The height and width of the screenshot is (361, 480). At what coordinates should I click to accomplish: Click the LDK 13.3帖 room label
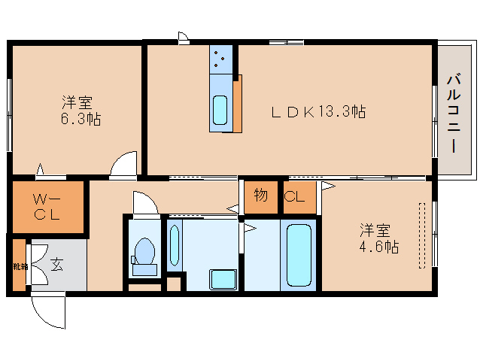pos(318,112)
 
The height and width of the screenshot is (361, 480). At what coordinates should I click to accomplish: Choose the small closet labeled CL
pos(294,198)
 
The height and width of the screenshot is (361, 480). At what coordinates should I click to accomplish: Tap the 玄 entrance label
pos(57,264)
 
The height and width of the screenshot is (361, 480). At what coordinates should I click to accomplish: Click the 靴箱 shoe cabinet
pos(18,266)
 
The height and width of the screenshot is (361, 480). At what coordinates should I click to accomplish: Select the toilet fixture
pos(143,253)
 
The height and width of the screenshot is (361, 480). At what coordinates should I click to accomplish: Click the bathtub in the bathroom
pos(299,255)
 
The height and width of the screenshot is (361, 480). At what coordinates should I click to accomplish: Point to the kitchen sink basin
pos(220,111)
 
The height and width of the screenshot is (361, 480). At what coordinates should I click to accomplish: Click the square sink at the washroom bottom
pos(223,279)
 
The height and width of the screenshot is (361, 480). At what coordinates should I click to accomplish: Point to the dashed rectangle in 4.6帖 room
pos(422,234)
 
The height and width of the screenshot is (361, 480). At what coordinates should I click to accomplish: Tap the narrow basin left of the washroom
pos(175,245)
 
